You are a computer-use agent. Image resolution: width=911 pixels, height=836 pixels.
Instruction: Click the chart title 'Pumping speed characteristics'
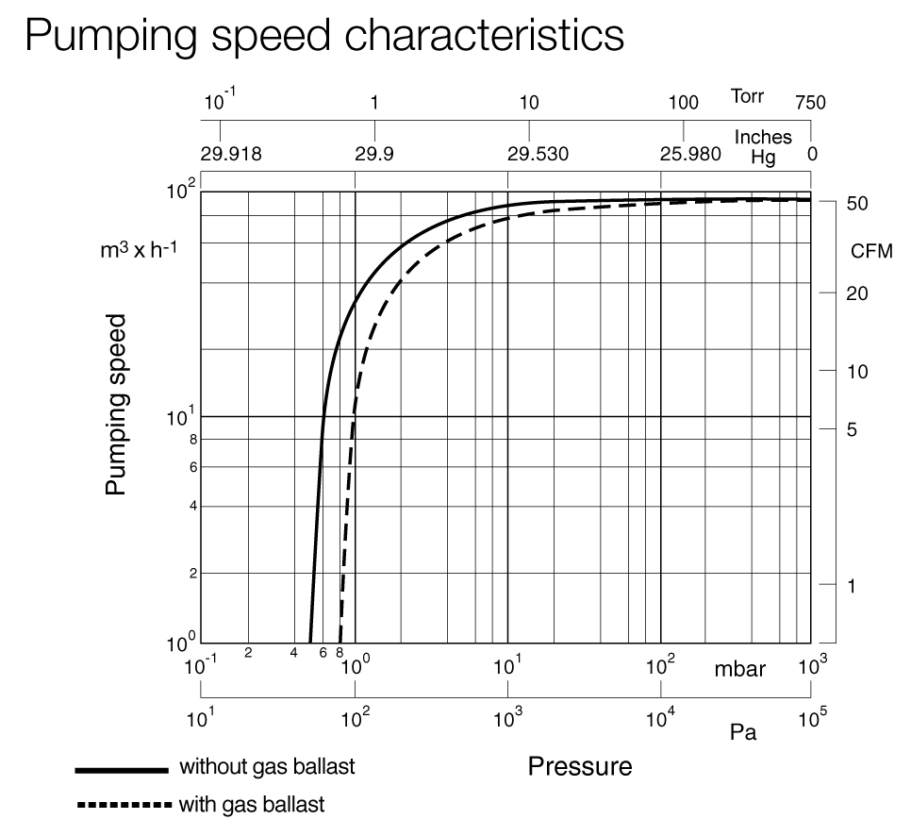324,36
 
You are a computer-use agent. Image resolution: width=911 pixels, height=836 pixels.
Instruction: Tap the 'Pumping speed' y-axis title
116,404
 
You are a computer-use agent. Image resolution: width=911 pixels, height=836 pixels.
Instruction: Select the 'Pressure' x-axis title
579,765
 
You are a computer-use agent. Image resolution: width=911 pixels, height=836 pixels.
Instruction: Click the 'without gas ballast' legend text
267,766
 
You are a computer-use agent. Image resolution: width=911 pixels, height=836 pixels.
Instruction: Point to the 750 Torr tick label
809,103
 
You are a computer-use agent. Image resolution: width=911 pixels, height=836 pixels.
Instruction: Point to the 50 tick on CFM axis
857,204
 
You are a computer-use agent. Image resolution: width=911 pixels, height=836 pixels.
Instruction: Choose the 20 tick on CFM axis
857,293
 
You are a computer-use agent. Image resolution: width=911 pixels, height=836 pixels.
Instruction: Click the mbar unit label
739,670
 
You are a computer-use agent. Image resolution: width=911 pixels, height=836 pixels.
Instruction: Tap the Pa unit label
743,731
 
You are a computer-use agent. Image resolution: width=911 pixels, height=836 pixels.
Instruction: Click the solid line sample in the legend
121,770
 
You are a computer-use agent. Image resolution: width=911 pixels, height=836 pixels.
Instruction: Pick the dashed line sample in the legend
121,807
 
